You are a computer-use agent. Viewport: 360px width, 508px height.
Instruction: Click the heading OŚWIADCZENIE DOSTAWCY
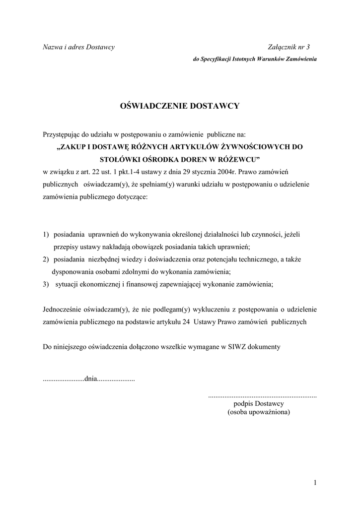pos(180,106)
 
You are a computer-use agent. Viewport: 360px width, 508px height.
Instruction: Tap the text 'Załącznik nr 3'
pos(288,47)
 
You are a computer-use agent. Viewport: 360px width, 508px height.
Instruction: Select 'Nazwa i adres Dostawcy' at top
pos(78,47)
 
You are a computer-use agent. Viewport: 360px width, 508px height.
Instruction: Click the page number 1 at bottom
pos(315,482)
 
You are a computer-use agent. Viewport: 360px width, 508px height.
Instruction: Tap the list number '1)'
pos(46,234)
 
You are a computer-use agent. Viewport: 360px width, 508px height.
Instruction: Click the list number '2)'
pos(46,259)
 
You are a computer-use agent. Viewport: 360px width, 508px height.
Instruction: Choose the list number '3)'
pos(46,284)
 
